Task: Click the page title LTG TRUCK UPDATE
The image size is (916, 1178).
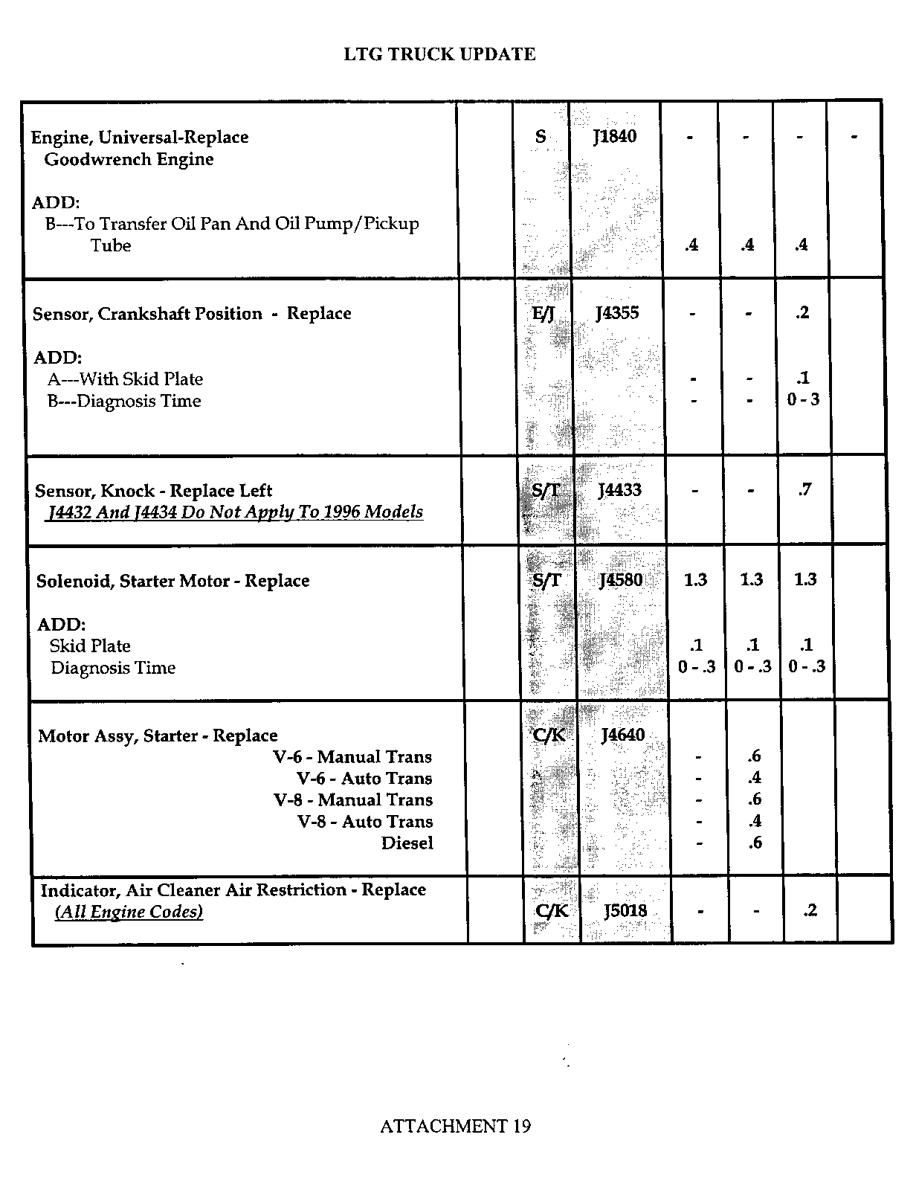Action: tap(439, 54)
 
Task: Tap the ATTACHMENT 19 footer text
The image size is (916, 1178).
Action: tap(455, 1126)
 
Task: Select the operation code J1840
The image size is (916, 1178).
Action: tap(615, 136)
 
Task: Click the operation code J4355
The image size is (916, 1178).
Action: tap(617, 313)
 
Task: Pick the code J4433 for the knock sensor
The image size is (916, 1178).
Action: tap(619, 490)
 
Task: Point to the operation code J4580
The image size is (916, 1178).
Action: tap(621, 580)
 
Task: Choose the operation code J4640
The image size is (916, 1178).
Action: tap(622, 736)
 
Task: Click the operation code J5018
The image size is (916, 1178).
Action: tap(625, 910)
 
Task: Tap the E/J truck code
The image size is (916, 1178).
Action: tap(544, 314)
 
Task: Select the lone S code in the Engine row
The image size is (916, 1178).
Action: tap(541, 137)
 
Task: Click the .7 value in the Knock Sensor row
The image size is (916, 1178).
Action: tap(804, 489)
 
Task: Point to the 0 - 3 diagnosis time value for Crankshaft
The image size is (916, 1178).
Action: tap(803, 399)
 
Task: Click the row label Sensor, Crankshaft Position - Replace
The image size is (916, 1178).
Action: tap(192, 314)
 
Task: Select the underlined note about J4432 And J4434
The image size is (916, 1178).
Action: tap(235, 512)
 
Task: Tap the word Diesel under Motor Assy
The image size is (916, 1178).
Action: tap(407, 843)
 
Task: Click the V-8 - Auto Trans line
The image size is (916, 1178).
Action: tap(364, 822)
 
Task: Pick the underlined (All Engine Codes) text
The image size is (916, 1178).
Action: tap(129, 912)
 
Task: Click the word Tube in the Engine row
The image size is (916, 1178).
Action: tap(111, 245)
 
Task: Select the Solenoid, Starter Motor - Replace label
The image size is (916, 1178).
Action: tap(172, 581)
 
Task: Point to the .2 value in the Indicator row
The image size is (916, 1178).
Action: tap(810, 910)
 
